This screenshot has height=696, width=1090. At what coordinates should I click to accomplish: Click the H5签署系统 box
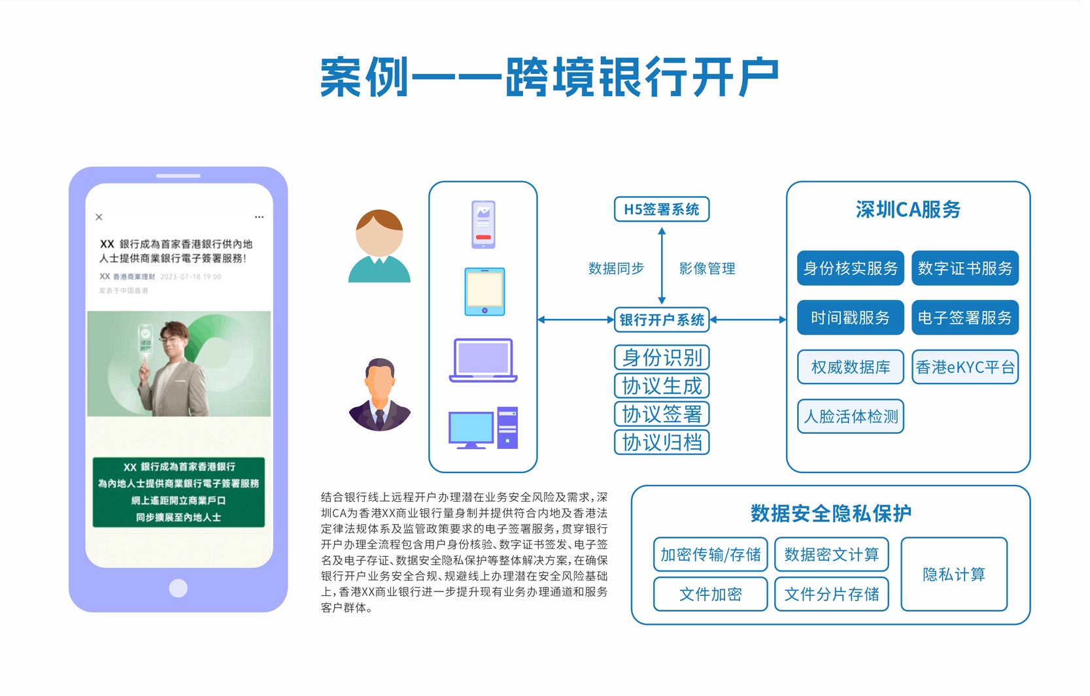(x=661, y=209)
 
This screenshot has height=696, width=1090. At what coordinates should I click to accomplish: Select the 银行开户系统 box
(x=661, y=320)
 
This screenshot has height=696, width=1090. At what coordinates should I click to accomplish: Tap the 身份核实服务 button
(x=850, y=268)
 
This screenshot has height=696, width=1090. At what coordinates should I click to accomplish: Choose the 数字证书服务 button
(x=964, y=268)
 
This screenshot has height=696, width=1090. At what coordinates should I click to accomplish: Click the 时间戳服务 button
(x=850, y=318)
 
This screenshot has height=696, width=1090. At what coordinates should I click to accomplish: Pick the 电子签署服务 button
(x=964, y=318)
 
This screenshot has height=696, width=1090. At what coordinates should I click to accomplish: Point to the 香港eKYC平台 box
(x=964, y=367)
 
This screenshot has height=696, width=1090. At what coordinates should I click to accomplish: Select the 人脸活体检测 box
(x=850, y=416)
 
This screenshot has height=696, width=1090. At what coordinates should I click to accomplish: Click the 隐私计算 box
(x=953, y=574)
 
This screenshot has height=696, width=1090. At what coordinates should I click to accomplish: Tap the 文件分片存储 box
(x=831, y=594)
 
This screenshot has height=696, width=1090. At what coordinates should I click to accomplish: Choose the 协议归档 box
(x=661, y=442)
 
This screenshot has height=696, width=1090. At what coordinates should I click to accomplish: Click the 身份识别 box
(x=661, y=357)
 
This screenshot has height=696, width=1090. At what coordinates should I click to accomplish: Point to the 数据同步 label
(x=616, y=269)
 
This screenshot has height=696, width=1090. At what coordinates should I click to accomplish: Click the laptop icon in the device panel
(x=483, y=360)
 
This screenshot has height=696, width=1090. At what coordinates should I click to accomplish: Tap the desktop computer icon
(x=483, y=428)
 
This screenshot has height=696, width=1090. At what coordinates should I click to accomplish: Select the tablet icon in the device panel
(x=484, y=291)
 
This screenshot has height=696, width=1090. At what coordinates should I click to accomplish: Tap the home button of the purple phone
(x=178, y=588)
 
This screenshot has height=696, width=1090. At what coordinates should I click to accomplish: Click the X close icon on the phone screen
(x=99, y=217)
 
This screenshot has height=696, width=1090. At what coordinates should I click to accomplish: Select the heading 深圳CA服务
(x=908, y=210)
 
